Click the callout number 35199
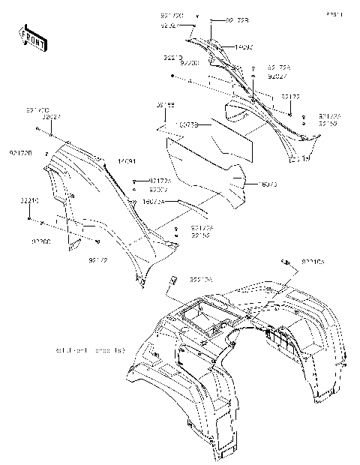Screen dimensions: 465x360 pyautogui.click(x=166, y=106)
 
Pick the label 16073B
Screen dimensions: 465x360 pyautogui.click(x=188, y=124)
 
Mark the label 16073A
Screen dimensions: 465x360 pyautogui.click(x=153, y=202)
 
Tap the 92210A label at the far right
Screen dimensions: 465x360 pyautogui.click(x=313, y=262)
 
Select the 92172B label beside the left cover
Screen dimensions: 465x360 pyautogui.click(x=20, y=152)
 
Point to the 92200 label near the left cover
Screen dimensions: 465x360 pyautogui.click(x=41, y=242)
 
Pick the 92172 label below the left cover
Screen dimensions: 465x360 pyautogui.click(x=98, y=259)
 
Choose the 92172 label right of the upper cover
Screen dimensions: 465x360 pyautogui.click(x=291, y=97)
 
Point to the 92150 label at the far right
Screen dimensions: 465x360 pyautogui.click(x=328, y=123)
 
